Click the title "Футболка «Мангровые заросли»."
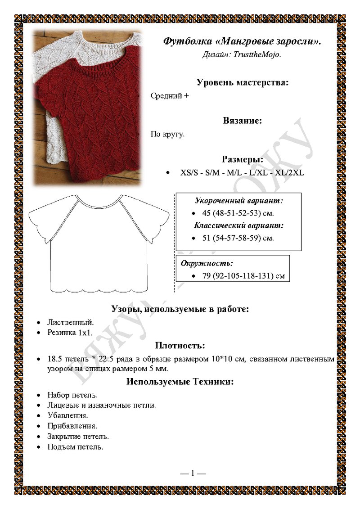[242, 41]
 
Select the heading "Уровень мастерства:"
[243, 82]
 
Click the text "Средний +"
[170, 96]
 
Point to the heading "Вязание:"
[243, 121]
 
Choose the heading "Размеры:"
[243, 159]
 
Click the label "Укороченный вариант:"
[238, 200]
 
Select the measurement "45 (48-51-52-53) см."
[238, 213]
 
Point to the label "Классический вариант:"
[238, 225]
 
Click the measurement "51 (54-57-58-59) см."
[238, 238]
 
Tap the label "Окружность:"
[207, 263]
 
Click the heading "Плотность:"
[180, 346]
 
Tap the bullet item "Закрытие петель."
[78, 437]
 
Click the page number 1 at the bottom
[193, 473]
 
